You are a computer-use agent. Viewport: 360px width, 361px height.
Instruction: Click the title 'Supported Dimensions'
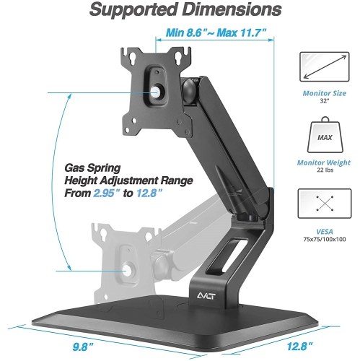tap(180, 11)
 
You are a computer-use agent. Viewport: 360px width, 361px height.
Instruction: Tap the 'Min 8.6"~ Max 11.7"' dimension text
tap(216, 32)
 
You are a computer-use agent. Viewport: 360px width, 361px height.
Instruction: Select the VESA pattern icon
tap(320, 204)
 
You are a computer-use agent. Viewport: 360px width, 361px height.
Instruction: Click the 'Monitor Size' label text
tap(320, 102)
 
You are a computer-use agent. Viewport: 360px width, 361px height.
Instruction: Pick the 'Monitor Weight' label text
tap(320, 163)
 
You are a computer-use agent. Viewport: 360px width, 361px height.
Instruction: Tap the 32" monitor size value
tap(320, 112)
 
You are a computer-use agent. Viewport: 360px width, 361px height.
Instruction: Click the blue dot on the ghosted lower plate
tap(127, 270)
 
